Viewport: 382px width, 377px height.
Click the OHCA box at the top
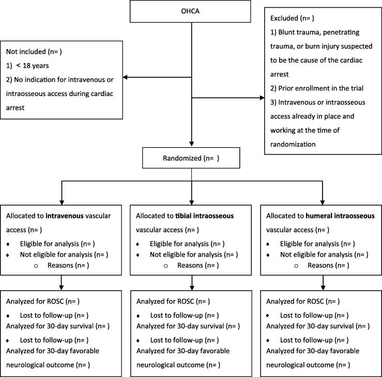click(192, 13)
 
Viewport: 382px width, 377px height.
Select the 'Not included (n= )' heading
click(35, 52)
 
